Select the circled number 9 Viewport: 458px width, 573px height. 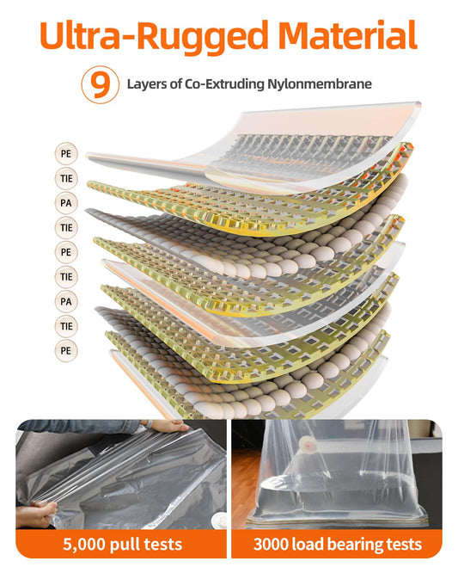click(100, 84)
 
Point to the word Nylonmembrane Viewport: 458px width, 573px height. click(323, 84)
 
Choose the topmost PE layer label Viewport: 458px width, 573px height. click(66, 153)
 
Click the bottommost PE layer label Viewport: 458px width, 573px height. click(66, 350)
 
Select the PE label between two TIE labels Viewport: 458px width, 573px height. click(66, 252)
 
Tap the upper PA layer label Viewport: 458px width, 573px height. click(66, 203)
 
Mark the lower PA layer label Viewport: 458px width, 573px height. click(66, 301)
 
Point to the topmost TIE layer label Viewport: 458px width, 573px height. click(66, 178)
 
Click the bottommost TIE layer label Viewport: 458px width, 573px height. click(66, 325)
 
